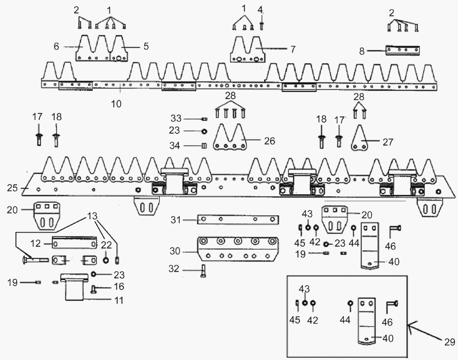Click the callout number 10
click(116, 104)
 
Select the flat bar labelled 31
click(238, 220)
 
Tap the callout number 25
click(12, 188)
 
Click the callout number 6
click(56, 46)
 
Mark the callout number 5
click(146, 46)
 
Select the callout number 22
click(107, 245)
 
